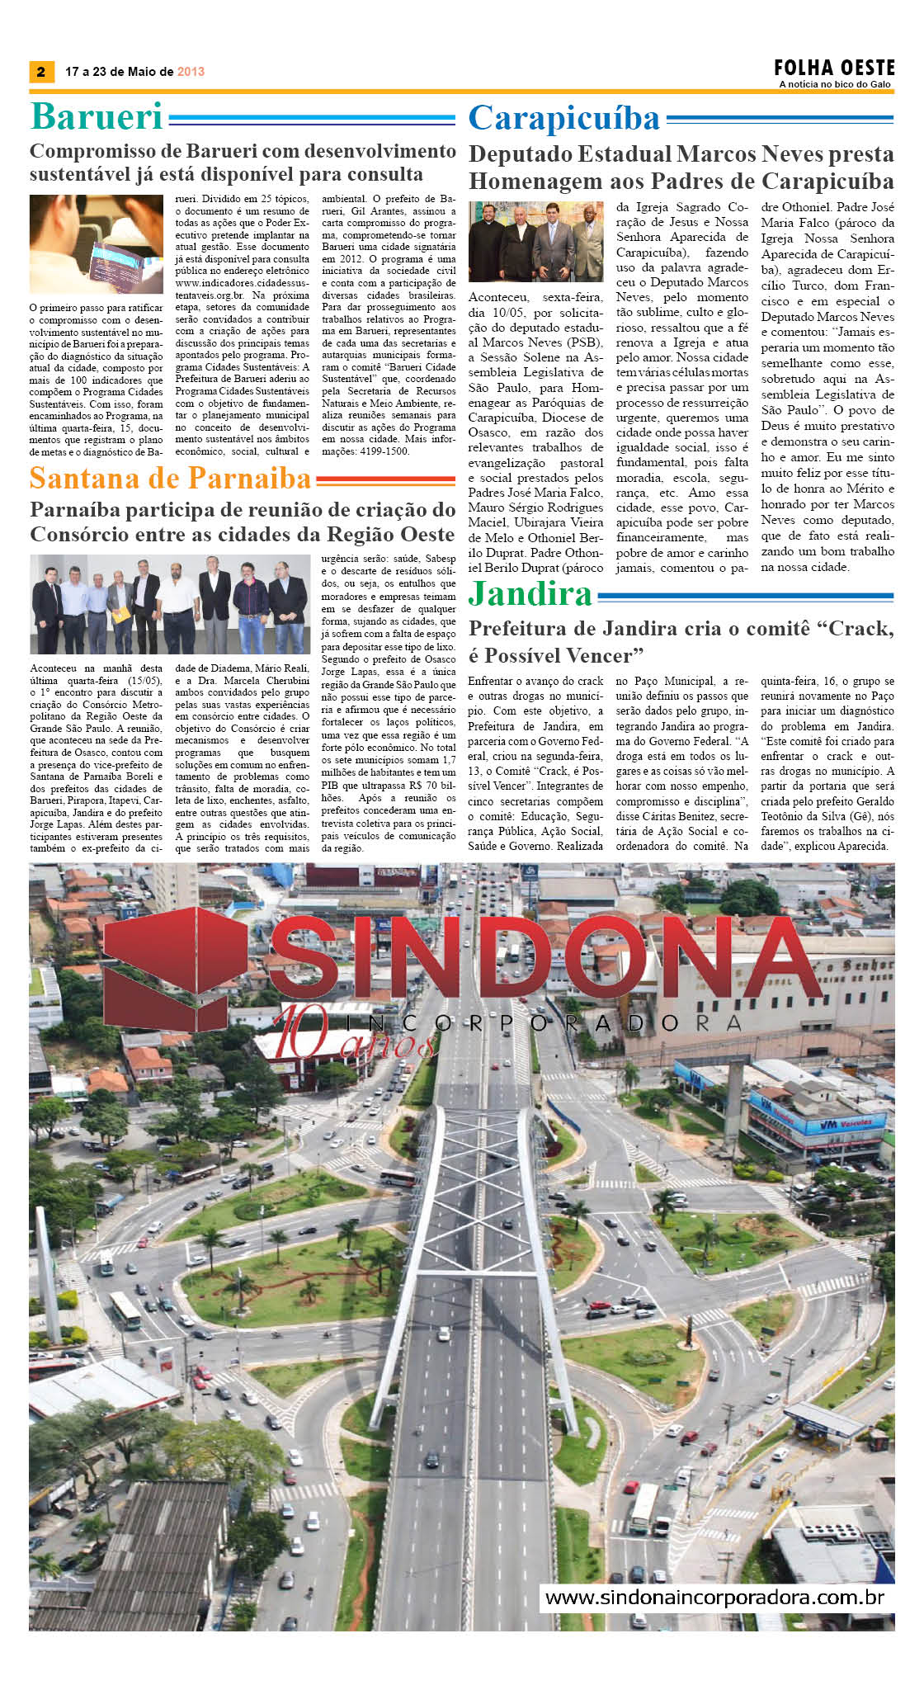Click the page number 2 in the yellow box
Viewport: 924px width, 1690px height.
tap(41, 72)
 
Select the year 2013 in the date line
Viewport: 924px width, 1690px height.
tap(191, 72)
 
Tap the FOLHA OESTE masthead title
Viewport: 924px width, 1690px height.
tap(834, 67)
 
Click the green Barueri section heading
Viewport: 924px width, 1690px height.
tap(97, 116)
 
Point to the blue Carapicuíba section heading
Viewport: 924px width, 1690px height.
tap(564, 119)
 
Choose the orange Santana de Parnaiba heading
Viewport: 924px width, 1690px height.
tap(170, 479)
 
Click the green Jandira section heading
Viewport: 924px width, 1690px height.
tap(530, 594)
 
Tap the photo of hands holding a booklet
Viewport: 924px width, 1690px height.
tap(97, 244)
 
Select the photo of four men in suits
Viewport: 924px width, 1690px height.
tap(535, 242)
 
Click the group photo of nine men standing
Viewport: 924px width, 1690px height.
tap(169, 605)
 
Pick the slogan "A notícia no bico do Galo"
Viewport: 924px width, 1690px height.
tap(835, 84)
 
